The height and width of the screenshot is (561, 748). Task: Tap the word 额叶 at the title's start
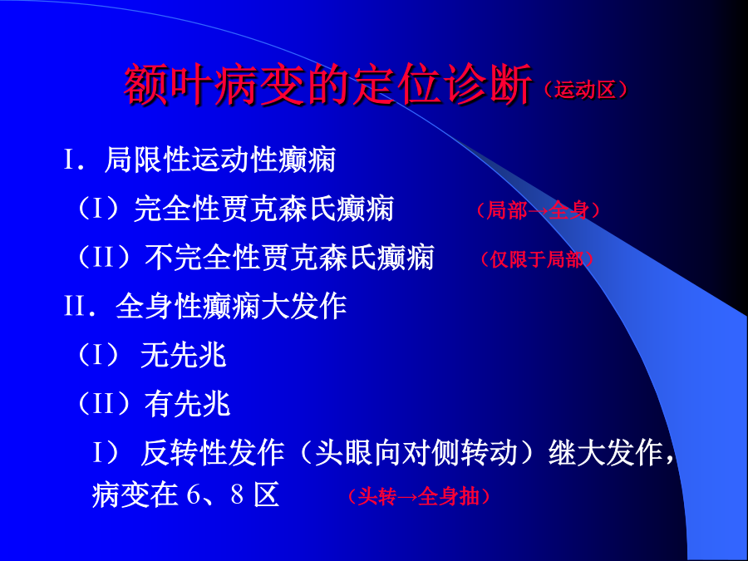click(168, 86)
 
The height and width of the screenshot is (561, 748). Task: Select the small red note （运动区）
click(585, 90)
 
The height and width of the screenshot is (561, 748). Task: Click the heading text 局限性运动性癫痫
click(220, 160)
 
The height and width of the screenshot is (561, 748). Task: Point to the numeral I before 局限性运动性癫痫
click(69, 160)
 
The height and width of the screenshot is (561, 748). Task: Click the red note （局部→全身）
click(538, 210)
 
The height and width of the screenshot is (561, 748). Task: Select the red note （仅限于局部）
click(537, 259)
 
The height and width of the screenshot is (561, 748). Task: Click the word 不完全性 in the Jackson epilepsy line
click(202, 258)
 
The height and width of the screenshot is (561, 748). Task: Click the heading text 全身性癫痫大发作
click(231, 306)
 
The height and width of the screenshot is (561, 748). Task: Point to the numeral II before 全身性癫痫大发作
click(76, 306)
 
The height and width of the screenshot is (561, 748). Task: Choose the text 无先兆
click(183, 356)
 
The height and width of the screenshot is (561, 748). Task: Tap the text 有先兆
click(188, 404)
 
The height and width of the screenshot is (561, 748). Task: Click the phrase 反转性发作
click(212, 453)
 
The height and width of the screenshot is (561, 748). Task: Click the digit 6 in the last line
click(193, 495)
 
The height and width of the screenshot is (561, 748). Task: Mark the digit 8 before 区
click(237, 495)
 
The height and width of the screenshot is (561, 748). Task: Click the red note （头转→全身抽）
click(418, 497)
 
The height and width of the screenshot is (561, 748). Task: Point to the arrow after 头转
click(406, 497)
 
